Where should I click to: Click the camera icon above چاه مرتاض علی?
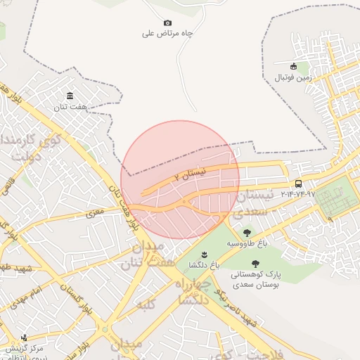167,22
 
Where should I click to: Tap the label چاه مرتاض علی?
167,33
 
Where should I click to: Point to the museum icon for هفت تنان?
70,96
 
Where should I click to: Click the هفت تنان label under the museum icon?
70,107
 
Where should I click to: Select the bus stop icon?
299,184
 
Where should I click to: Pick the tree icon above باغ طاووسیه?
247,233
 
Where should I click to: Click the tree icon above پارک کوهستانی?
255,264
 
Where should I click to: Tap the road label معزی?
95,211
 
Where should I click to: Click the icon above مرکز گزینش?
25,337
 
